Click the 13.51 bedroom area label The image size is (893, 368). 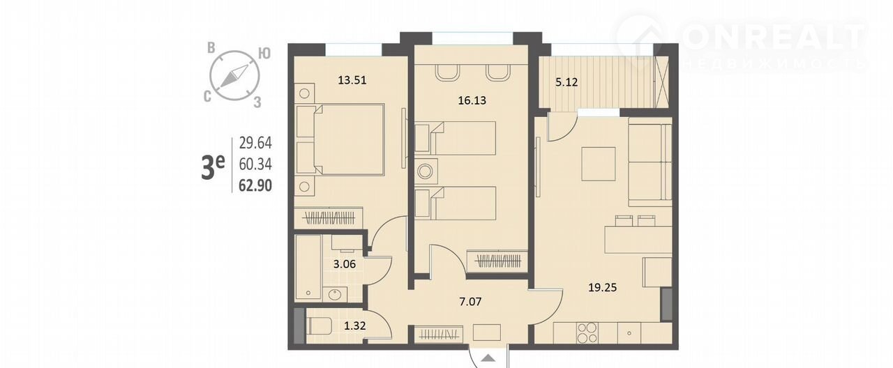pos(352,80)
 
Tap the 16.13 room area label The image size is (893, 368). pos(472,100)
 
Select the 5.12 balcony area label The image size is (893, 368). pos(566,82)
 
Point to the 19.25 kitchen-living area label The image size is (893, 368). pos(602,287)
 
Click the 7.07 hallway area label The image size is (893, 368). pos(470,302)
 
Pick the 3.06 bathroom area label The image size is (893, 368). pos(345,264)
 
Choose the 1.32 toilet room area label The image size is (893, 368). pos(355,325)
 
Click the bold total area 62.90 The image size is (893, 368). pos(255,185)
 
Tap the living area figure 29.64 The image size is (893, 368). pos(255,143)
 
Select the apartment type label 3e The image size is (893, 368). pos(213,167)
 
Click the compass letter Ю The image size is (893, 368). pos(264,54)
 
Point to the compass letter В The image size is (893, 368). pos(211,48)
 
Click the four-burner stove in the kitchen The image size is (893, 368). pos(587,332)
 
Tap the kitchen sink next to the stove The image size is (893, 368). pos(629,333)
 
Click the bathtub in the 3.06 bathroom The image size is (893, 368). pos(308,267)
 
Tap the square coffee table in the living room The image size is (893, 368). pos(598,164)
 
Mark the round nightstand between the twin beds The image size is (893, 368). pos(426,171)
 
